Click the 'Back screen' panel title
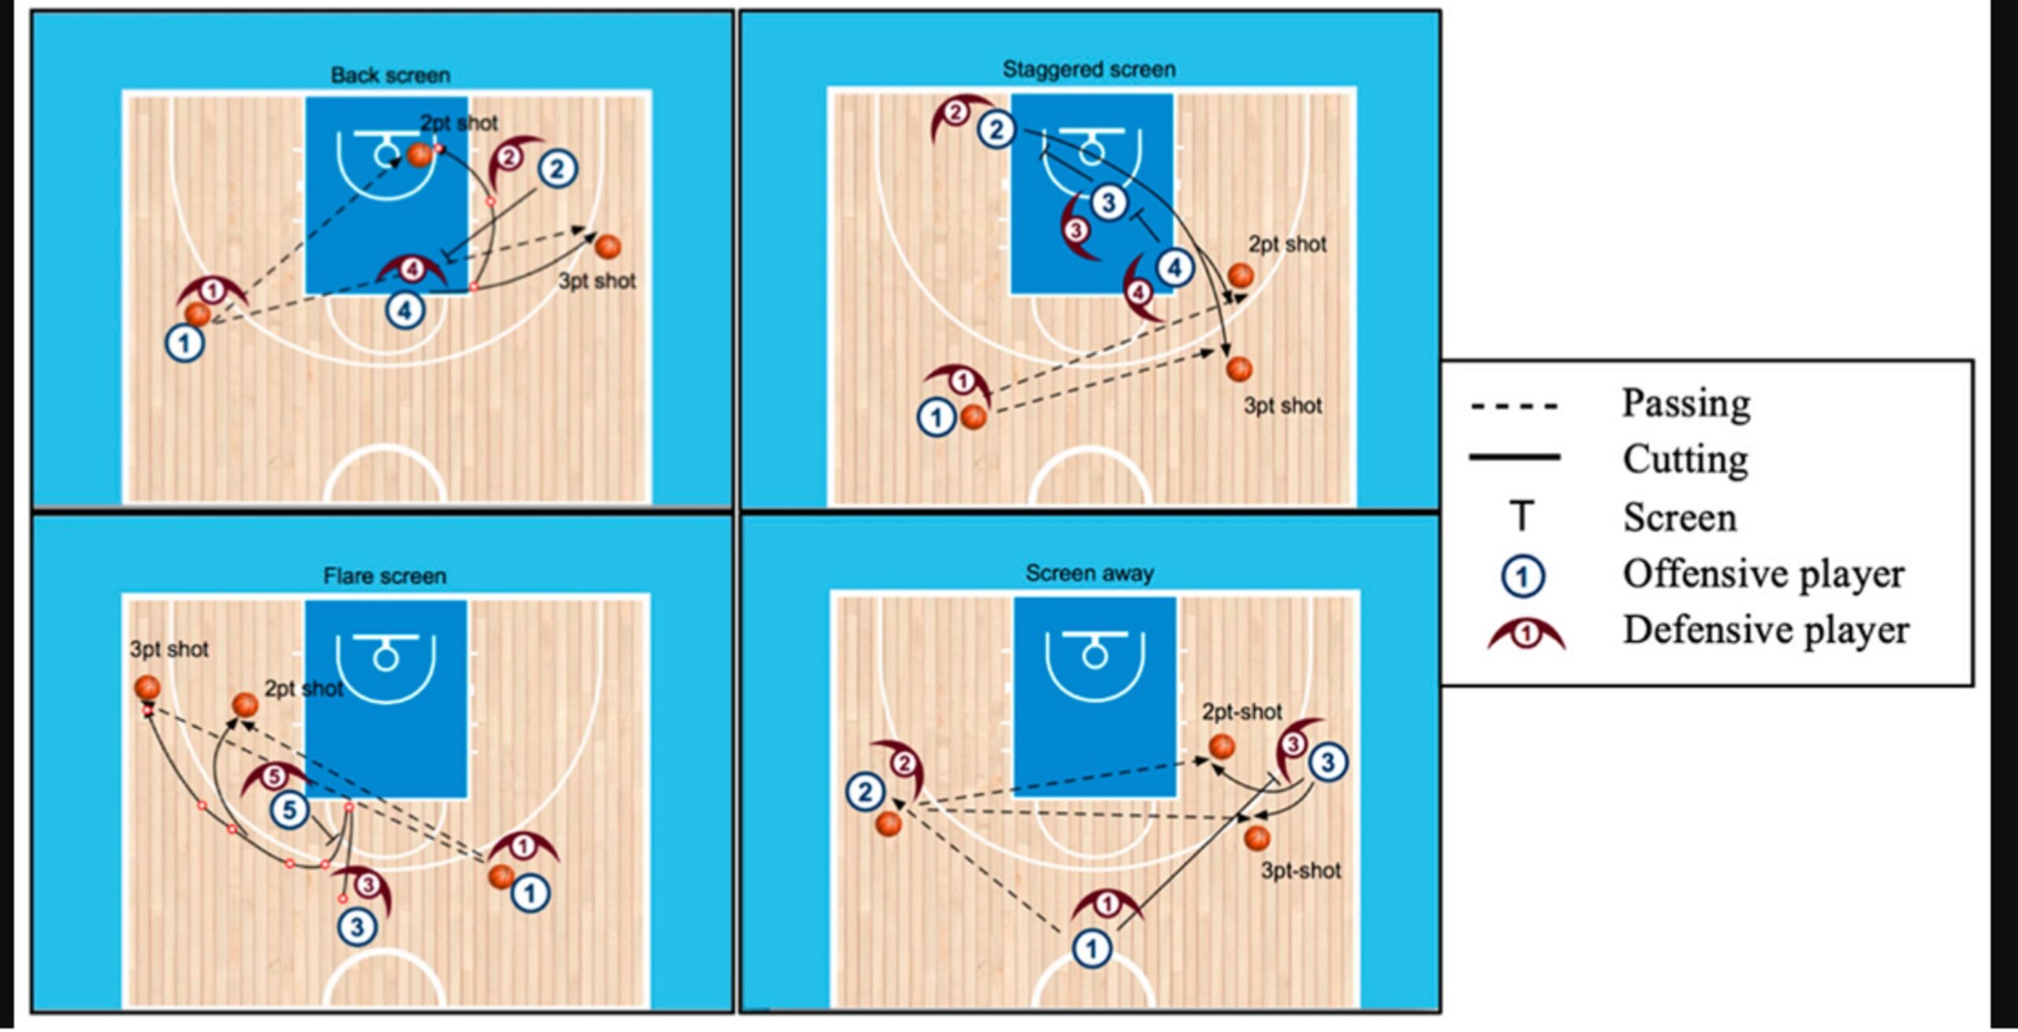coord(390,76)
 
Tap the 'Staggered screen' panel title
coord(1089,69)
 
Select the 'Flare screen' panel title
coord(385,576)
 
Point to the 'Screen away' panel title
coord(1089,573)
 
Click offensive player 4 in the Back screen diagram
coord(405,310)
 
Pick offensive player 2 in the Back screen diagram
coord(557,169)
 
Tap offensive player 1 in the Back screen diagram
coord(185,344)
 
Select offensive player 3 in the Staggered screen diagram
coord(1109,203)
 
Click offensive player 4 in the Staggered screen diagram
coord(1175,268)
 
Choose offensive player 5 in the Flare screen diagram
coord(289,810)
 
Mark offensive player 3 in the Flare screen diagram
coord(357,927)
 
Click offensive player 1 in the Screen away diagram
coord(1092,948)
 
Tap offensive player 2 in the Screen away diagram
coord(866,792)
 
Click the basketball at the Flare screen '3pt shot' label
coord(147,687)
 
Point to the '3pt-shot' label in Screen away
coord(1301,871)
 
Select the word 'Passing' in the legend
coord(1686,404)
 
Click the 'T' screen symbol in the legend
coord(1522,516)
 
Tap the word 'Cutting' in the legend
coord(1685,460)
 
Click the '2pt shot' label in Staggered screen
coord(1286,244)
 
